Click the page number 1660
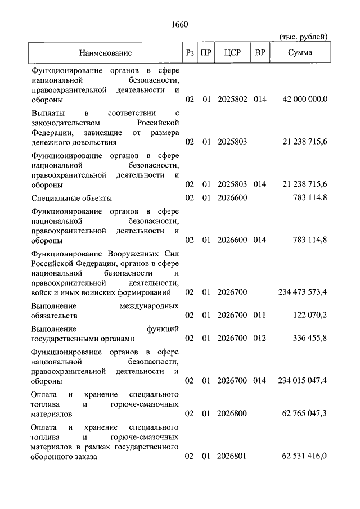point(179,25)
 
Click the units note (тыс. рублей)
point(304,37)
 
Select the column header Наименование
point(105,53)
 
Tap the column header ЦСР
point(232,53)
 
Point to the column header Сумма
point(300,53)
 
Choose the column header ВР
point(260,53)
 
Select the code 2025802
point(232,100)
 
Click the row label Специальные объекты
point(71,198)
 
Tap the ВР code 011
point(259,315)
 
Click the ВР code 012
point(259,338)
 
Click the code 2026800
point(232,414)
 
